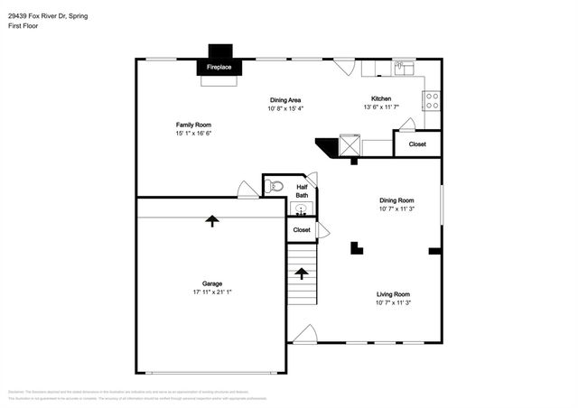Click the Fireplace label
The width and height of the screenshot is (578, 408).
219,68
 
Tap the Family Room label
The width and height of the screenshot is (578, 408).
193,125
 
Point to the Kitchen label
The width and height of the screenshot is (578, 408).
381,98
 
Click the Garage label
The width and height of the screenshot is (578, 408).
212,283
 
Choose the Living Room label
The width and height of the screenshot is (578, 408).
393,294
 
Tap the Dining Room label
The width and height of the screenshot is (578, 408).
396,200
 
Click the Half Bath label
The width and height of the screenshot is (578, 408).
302,190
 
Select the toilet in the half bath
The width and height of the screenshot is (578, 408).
275,187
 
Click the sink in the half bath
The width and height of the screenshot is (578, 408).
300,209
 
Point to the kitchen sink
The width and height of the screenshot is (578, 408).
404,68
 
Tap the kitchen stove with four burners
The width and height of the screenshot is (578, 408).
432,99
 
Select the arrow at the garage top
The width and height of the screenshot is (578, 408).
212,219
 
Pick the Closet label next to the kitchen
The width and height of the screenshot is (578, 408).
417,144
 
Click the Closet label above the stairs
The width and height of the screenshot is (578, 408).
302,230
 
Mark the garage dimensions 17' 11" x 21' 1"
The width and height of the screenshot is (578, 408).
212,292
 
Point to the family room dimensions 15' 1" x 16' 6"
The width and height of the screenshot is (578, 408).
193,134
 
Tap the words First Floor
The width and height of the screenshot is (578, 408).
24,26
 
